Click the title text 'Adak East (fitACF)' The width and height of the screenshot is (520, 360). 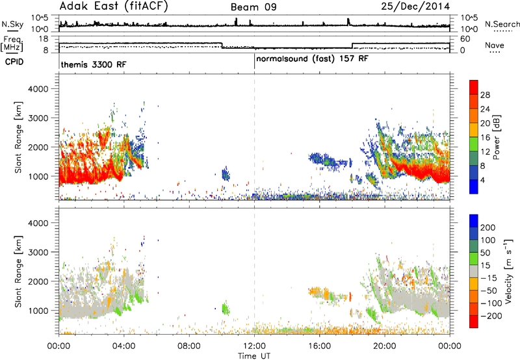(x=114, y=6)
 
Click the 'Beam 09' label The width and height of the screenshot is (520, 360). (x=253, y=7)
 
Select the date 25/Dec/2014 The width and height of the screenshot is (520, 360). (x=415, y=6)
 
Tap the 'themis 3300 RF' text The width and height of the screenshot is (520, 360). (x=94, y=64)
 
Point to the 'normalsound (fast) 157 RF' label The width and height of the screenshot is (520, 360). (x=312, y=59)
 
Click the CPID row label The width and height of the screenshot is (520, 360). (x=14, y=62)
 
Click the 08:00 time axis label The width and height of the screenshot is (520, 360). (x=189, y=346)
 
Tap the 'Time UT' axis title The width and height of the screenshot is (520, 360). (x=254, y=355)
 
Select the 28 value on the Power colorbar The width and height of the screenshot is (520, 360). (x=485, y=95)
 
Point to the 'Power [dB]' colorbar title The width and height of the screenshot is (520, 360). (x=496, y=137)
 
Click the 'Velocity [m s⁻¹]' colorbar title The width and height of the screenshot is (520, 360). (x=508, y=271)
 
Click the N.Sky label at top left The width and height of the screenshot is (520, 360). (x=12, y=24)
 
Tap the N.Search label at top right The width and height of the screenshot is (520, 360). (x=502, y=24)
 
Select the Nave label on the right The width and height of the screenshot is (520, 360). (x=495, y=45)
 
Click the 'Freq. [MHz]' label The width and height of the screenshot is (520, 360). (x=12, y=44)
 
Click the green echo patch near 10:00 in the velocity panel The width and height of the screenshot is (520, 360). (x=226, y=308)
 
